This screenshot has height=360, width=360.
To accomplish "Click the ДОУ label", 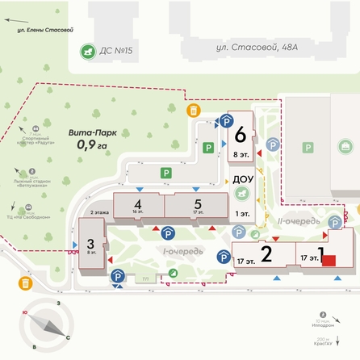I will click(242, 179).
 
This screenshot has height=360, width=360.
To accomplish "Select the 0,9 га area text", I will click(91, 145).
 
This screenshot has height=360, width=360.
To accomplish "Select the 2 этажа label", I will click(100, 211).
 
